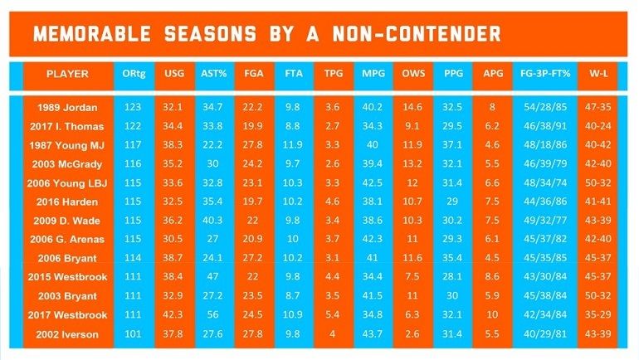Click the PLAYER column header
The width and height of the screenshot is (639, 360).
coord(66,74)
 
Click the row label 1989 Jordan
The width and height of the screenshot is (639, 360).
coord(67,108)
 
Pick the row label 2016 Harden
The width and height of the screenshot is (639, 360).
coord(67,202)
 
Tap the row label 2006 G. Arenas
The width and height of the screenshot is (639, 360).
coord(67,239)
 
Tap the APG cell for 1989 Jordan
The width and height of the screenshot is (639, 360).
coord(492,108)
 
